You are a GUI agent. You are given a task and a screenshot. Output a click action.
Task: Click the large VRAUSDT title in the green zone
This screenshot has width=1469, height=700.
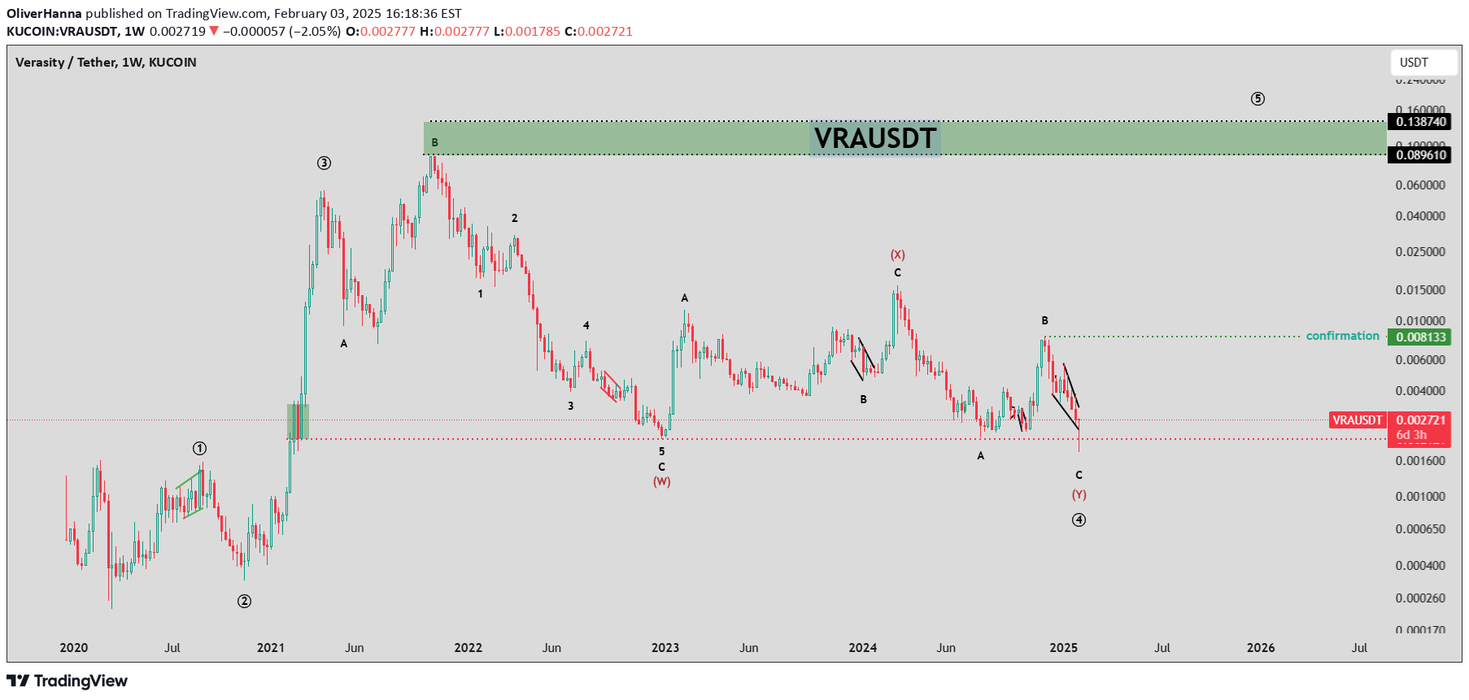pyautogui.click(x=875, y=138)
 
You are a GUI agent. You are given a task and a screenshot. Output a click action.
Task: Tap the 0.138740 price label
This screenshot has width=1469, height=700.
pyautogui.click(x=1421, y=122)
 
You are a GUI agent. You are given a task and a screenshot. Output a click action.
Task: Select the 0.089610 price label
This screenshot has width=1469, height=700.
pyautogui.click(x=1421, y=155)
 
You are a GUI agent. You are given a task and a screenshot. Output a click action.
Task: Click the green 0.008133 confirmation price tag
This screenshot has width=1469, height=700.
pyautogui.click(x=1421, y=337)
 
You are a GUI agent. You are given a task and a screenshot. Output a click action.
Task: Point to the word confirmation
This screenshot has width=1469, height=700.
pyautogui.click(x=1342, y=336)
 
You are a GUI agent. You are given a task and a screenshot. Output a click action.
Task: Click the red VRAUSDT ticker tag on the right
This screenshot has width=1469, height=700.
pyautogui.click(x=1357, y=420)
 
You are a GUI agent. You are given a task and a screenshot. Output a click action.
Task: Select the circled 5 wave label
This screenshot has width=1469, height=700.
pyautogui.click(x=1258, y=99)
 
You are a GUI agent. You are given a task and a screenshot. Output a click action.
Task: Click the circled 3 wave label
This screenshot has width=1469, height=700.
pyautogui.click(x=324, y=163)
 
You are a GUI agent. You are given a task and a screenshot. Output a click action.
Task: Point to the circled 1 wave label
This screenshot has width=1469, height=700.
pyautogui.click(x=199, y=449)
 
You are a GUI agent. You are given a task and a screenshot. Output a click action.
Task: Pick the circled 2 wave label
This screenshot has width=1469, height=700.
pyautogui.click(x=244, y=602)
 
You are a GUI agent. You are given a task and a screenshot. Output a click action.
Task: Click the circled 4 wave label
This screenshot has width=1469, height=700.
pyautogui.click(x=1079, y=520)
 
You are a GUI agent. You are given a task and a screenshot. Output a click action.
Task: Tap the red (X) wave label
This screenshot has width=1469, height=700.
pyautogui.click(x=897, y=255)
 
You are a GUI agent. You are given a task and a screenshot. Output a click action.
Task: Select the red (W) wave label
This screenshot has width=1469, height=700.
pyautogui.click(x=661, y=482)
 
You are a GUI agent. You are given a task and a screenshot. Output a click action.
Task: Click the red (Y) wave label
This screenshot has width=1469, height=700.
pyautogui.click(x=1079, y=495)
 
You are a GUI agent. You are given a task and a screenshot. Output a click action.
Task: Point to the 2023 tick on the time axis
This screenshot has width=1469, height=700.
pyautogui.click(x=665, y=648)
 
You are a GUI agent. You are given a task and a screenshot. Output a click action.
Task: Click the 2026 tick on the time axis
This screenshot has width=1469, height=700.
pyautogui.click(x=1261, y=648)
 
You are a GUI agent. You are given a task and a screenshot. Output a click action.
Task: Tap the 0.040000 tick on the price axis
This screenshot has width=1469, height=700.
pyautogui.click(x=1420, y=216)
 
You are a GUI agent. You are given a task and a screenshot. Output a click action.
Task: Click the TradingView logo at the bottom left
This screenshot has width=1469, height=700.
pyautogui.click(x=68, y=681)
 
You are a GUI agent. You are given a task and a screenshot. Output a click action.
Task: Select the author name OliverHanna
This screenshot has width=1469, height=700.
pyautogui.click(x=44, y=14)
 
